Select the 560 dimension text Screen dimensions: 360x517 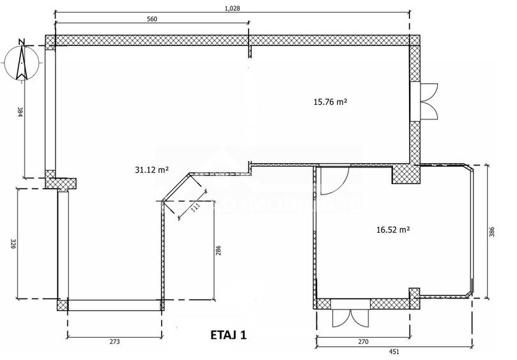(x=152, y=19)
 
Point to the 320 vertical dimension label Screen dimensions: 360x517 (x=13, y=244)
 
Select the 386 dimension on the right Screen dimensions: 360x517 (x=492, y=232)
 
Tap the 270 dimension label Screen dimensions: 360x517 (x=362, y=342)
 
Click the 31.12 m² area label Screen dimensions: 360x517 (x=151, y=169)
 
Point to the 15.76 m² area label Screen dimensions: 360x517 (x=330, y=101)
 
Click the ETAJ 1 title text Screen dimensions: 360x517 (x=228, y=335)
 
